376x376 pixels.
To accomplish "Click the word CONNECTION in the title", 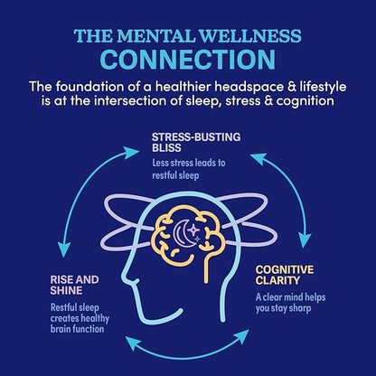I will coord(188,60).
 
